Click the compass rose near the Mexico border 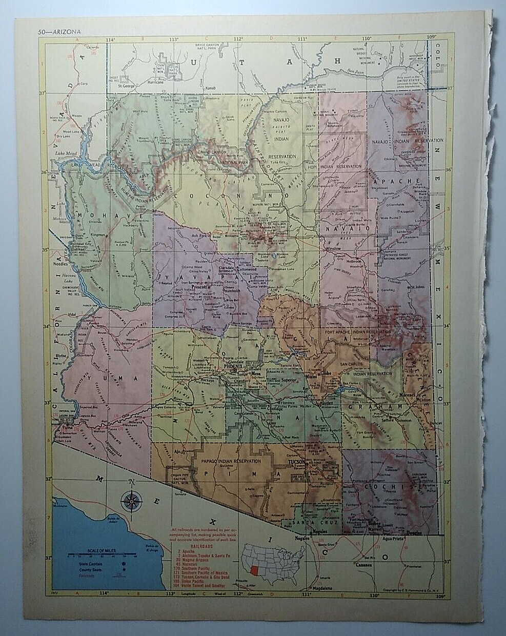click(132, 500)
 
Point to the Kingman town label click(98, 234)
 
